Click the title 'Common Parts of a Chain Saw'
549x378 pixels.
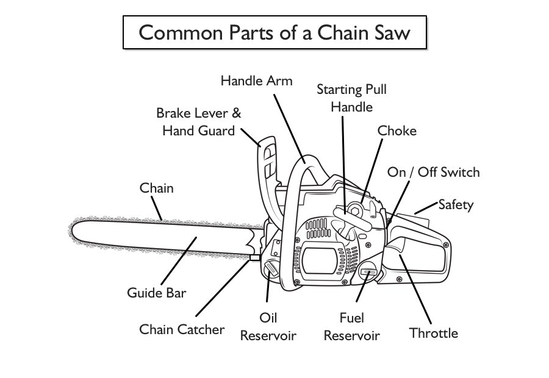pos(274,32)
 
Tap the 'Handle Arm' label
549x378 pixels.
pos(256,80)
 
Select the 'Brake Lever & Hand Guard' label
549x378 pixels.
pos(199,121)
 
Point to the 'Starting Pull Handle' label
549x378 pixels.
pos(351,98)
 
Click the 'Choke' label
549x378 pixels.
pos(396,130)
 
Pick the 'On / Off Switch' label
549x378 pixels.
pos(433,172)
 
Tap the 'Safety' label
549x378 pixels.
pos(456,204)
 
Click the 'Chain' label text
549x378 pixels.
pos(157,188)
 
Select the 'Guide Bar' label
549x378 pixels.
pos(157,293)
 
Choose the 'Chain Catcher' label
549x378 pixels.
pos(182,330)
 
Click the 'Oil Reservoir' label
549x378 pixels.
pos(268,327)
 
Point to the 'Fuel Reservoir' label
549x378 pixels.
pos(351,327)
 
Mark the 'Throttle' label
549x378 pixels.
pos(433,333)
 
